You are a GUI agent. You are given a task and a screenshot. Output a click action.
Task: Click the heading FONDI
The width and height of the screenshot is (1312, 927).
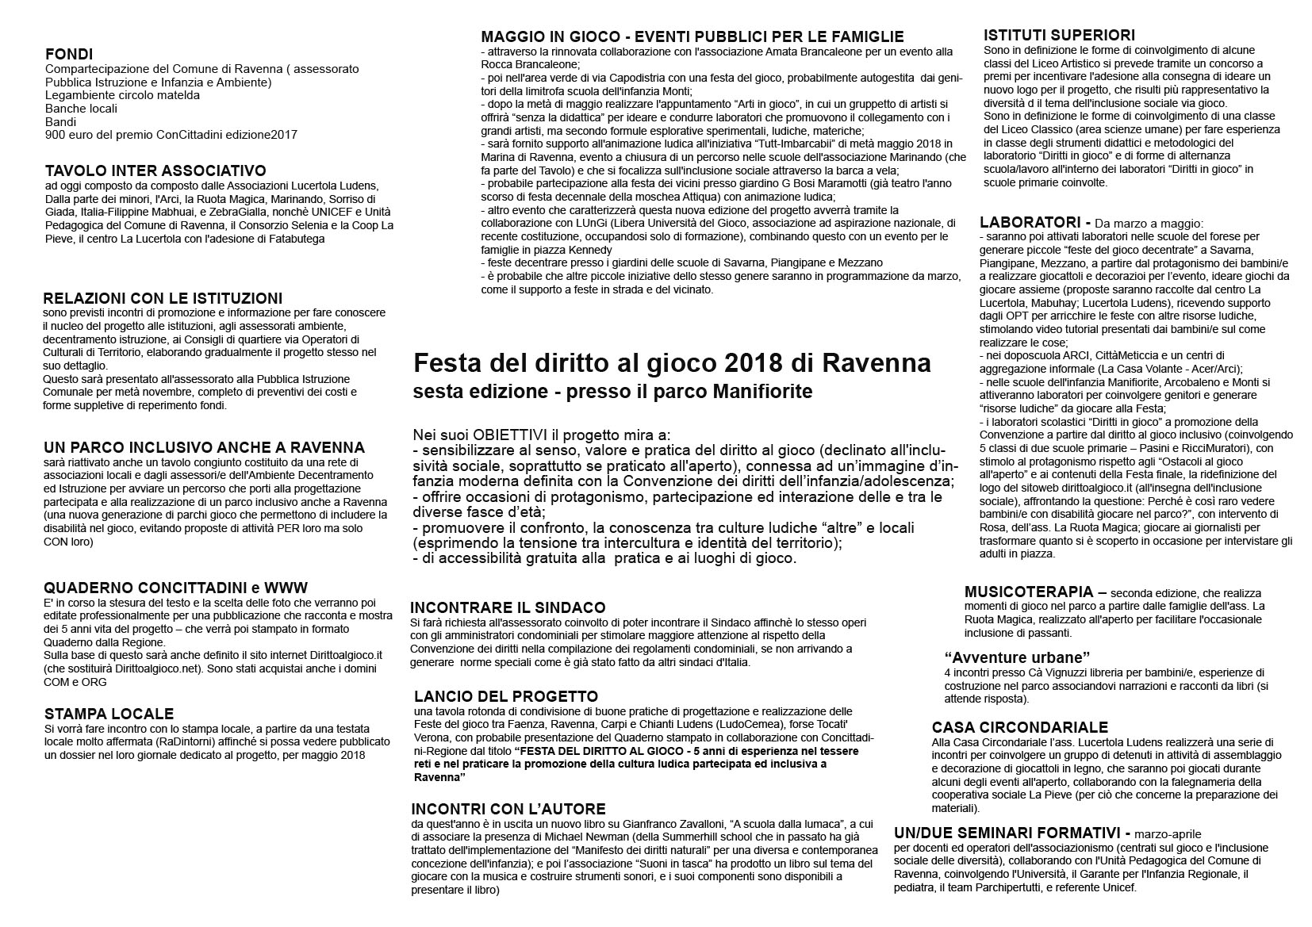point(69,55)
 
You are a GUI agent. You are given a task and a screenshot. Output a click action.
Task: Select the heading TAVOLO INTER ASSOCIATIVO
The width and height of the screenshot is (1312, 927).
point(155,170)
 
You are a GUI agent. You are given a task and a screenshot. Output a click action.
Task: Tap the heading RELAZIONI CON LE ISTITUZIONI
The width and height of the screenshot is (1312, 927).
point(163,298)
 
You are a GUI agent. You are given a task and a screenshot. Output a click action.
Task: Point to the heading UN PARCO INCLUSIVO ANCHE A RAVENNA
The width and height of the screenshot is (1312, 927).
point(205,447)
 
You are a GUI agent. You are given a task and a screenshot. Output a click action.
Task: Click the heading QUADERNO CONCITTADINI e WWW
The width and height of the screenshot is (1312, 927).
point(175,588)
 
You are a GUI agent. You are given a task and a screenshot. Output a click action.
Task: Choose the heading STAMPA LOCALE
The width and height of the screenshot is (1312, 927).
point(109,714)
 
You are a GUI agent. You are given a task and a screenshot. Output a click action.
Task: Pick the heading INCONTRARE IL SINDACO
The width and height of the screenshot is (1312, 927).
point(508,607)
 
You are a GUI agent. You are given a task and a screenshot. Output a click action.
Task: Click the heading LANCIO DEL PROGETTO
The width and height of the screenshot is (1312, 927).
point(506,696)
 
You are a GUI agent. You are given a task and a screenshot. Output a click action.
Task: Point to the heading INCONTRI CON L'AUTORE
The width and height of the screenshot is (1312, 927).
point(508,809)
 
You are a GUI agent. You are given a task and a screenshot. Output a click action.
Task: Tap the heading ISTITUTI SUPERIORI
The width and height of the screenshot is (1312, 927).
point(1059,35)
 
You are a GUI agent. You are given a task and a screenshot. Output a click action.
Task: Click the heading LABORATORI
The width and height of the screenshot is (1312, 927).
point(1029,222)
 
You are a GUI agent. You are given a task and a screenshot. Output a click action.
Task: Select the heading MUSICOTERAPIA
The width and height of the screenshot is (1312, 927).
point(1028,592)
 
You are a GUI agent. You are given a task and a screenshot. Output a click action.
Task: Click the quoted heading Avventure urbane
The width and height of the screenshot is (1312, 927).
point(1017,657)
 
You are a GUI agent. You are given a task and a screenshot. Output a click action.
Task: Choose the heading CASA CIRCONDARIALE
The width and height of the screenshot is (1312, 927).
point(1020,727)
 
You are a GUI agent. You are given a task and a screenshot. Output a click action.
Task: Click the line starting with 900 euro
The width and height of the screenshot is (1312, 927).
point(171,135)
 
